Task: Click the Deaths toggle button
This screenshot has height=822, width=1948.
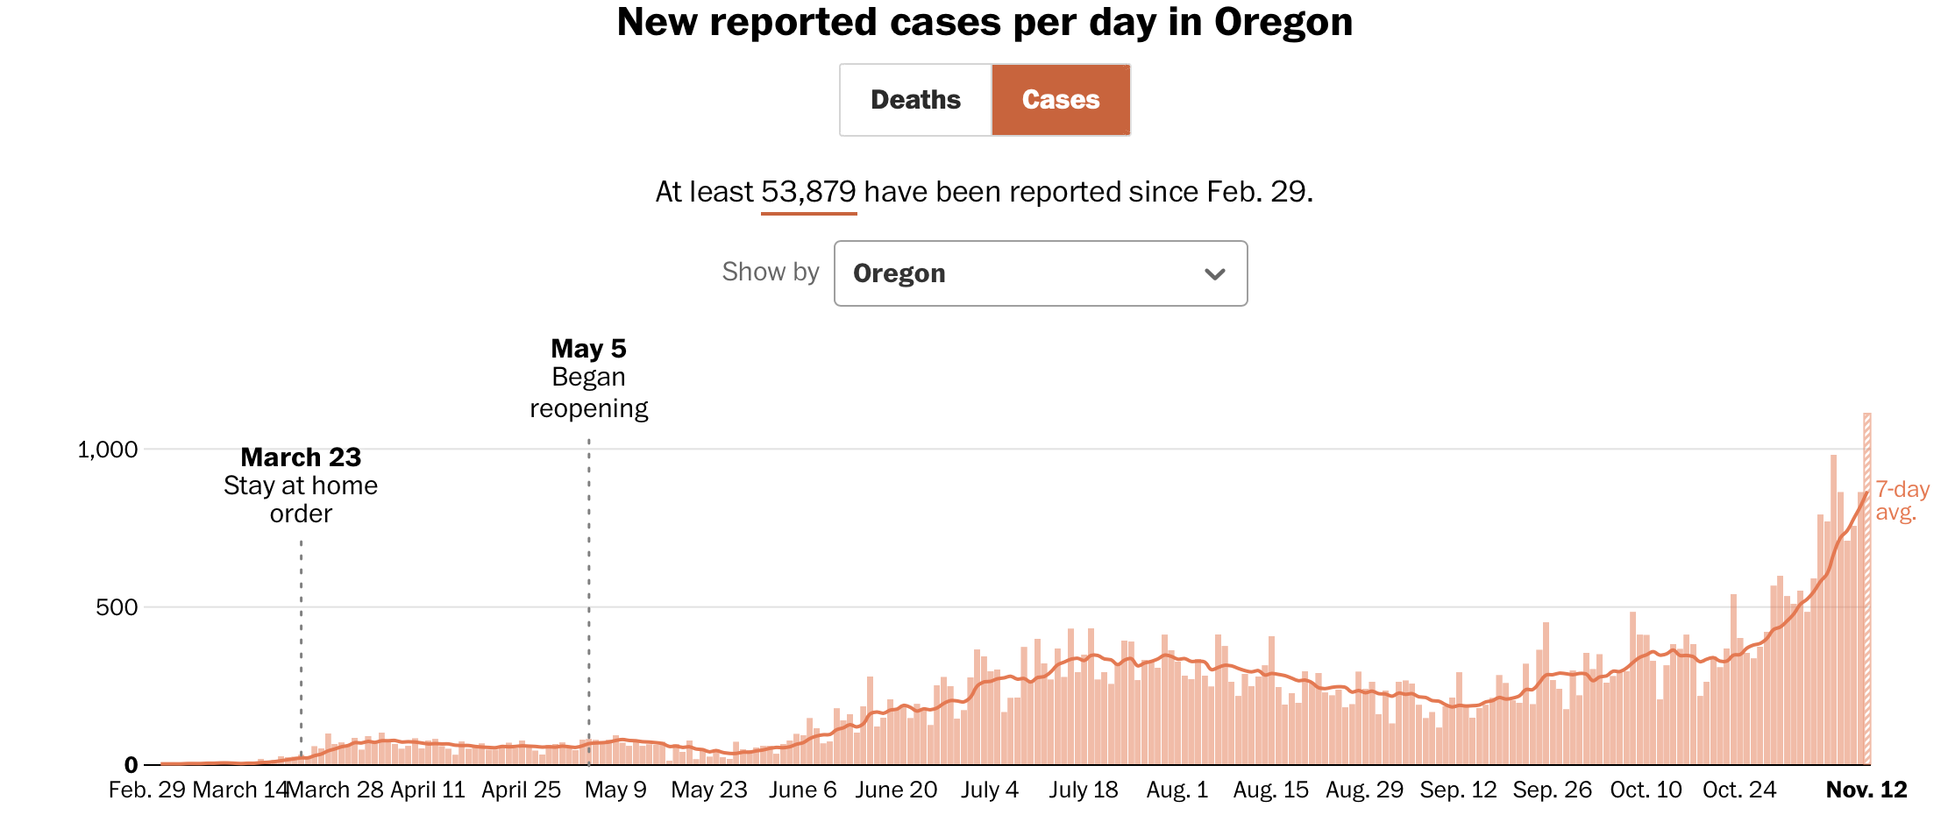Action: pos(915,100)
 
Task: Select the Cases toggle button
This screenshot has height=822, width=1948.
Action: pos(1061,100)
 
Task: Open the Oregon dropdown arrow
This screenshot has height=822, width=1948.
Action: pos(1214,274)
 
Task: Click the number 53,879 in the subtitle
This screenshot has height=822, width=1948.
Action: pos(807,192)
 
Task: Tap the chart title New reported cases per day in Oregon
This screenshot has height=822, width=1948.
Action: pos(985,22)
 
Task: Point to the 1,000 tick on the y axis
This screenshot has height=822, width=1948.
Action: pos(108,450)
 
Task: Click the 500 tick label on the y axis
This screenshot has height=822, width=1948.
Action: pos(117,607)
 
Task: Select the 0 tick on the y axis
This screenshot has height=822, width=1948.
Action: pos(131,765)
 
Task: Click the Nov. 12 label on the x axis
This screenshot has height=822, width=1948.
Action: pos(1866,790)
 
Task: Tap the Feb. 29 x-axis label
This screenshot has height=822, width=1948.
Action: pos(146,790)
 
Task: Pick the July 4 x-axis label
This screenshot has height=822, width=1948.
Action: pos(989,790)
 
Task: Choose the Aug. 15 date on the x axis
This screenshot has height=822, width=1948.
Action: pos(1270,790)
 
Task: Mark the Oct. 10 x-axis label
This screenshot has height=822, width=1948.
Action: pos(1646,790)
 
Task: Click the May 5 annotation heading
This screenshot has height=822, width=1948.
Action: pos(588,349)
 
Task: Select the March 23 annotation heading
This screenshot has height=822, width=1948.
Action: pos(301,457)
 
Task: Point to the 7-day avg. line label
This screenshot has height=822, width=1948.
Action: pos(1902,500)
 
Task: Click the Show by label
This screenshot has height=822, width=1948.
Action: pos(770,272)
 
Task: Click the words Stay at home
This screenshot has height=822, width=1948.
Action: pos(301,485)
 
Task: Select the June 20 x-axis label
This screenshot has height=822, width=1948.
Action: pos(896,790)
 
